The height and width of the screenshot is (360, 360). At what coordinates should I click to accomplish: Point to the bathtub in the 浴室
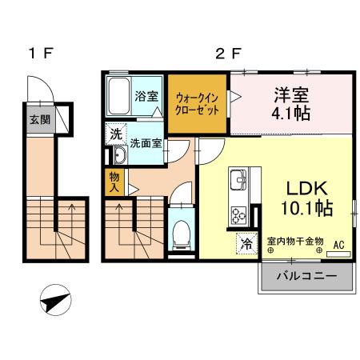[x=119, y=97]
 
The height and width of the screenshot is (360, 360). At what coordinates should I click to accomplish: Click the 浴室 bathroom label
[x=146, y=97]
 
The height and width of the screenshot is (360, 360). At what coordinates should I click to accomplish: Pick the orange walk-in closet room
[x=198, y=102]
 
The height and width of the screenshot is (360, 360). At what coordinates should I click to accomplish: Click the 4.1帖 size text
[x=287, y=114]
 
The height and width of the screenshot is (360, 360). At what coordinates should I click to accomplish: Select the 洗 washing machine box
[x=117, y=134]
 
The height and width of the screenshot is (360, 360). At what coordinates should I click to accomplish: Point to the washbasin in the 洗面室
[x=118, y=155]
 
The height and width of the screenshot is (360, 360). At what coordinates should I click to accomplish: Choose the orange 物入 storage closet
[x=113, y=182]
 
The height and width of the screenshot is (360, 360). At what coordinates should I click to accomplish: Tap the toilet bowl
[x=181, y=232]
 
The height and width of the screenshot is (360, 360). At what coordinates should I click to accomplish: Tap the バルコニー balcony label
[x=305, y=278]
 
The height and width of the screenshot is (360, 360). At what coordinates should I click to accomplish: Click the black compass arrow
[x=54, y=302]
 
